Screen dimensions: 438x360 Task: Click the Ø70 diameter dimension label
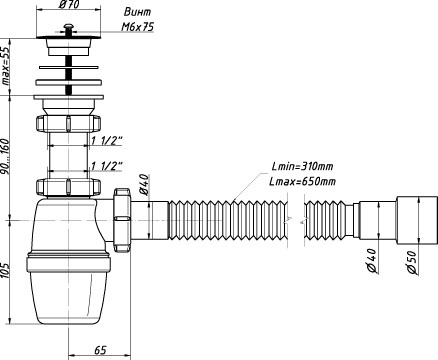pyautogui.click(x=68, y=5)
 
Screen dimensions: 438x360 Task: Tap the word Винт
pyautogui.click(x=137, y=12)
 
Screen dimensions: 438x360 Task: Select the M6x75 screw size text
pyautogui.click(x=137, y=27)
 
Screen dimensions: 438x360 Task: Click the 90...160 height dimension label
pyautogui.click(x=6, y=157)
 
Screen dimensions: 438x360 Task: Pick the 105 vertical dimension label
pyautogui.click(x=6, y=270)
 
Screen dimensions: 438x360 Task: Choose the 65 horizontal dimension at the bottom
pyautogui.click(x=100, y=350)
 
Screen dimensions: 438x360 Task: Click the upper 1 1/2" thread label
pyautogui.click(x=107, y=142)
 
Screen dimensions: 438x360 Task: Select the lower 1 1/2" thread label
pyautogui.click(x=107, y=166)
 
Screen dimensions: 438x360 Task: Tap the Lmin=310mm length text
pyautogui.click(x=302, y=166)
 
